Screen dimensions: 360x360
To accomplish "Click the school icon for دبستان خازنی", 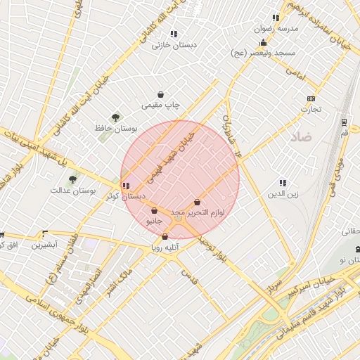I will coord(174,33).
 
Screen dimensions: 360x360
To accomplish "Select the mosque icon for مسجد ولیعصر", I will coord(263,42).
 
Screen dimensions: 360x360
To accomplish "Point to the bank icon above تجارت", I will coord(311,98).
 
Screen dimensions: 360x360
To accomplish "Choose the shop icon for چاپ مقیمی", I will coord(161,94).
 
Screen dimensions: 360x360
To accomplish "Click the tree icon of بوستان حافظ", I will coord(115,117).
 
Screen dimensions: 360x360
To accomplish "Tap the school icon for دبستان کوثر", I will coord(126,186).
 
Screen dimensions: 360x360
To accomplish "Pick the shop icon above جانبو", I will coord(153,210).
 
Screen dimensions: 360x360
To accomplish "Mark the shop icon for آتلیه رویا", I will coord(165,237).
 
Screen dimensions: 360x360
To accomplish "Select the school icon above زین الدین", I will coord(283,183).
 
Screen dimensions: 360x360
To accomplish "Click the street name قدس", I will coord(190,278).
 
